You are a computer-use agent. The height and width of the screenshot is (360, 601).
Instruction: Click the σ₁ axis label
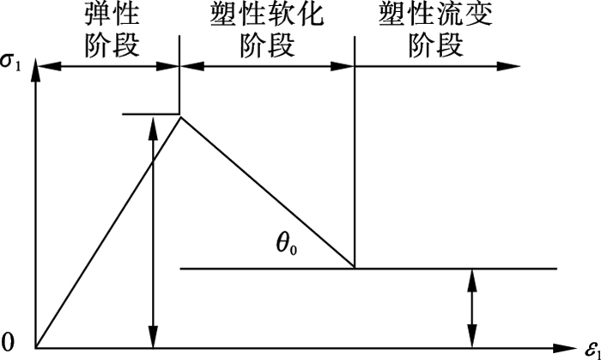pyautogui.click(x=10, y=62)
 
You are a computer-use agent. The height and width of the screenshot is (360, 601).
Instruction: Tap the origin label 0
pyautogui.click(x=9, y=343)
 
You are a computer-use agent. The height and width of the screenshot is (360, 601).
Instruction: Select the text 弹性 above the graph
pyautogui.click(x=111, y=16)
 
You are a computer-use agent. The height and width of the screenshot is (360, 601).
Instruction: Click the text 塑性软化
pyautogui.click(x=267, y=16)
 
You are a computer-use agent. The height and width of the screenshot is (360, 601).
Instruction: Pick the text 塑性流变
pyautogui.click(x=436, y=16)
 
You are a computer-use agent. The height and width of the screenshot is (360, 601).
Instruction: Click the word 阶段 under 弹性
pyautogui.click(x=111, y=46)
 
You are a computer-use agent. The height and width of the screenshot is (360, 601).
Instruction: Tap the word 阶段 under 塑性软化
pyautogui.click(x=267, y=46)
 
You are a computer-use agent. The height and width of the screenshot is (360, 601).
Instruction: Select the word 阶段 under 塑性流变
pyautogui.click(x=436, y=46)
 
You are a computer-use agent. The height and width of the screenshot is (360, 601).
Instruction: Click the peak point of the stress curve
pyautogui.click(x=180, y=117)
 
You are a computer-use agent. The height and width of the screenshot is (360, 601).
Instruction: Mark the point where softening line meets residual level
pyautogui.click(x=355, y=268)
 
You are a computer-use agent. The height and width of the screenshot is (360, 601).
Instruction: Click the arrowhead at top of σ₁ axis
pyautogui.click(x=36, y=69)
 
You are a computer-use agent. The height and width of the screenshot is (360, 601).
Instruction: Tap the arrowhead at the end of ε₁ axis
pyautogui.click(x=565, y=348)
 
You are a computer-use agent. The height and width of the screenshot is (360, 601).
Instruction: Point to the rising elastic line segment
pyautogui.click(x=108, y=232)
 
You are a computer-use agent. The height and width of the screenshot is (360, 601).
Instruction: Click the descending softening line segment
pyautogui.click(x=268, y=192)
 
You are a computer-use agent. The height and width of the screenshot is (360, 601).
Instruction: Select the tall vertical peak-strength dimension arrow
pyautogui.click(x=154, y=232)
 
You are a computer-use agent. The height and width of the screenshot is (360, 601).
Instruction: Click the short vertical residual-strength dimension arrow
pyautogui.click(x=472, y=308)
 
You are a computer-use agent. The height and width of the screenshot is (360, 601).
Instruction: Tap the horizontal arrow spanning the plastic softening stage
pyautogui.click(x=267, y=66)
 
